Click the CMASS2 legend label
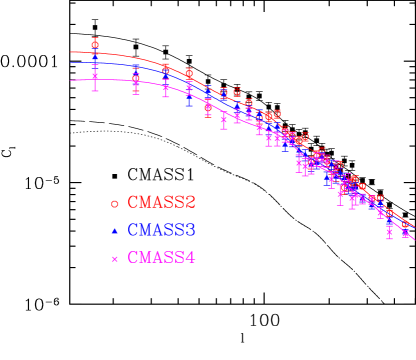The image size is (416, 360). pyautogui.click(x=161, y=203)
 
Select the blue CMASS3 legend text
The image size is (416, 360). pyautogui.click(x=161, y=231)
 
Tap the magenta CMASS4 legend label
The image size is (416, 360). pyautogui.click(x=161, y=259)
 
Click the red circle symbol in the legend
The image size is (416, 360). pyautogui.click(x=115, y=204)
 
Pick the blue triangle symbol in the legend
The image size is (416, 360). pyautogui.click(x=115, y=231)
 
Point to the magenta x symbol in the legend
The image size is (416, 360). pyautogui.click(x=115, y=259)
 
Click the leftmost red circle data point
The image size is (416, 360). pyautogui.click(x=95, y=45)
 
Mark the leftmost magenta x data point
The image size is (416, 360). pyautogui.click(x=95, y=76)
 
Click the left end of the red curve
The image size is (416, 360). pyautogui.click(x=71, y=52)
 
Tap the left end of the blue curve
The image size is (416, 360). pyautogui.click(x=71, y=63)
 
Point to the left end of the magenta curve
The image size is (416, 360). pyautogui.click(x=71, y=80)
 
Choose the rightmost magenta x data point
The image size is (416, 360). pyautogui.click(x=405, y=234)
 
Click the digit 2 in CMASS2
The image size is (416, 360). pyautogui.click(x=190, y=203)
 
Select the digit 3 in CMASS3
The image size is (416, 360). pyautogui.click(x=190, y=231)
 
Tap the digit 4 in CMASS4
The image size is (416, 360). pyautogui.click(x=190, y=259)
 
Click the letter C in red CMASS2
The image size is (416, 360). pyautogui.click(x=133, y=203)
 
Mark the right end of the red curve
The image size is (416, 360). pyautogui.click(x=414, y=226)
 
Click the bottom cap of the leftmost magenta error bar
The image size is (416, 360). pyautogui.click(x=95, y=90)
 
